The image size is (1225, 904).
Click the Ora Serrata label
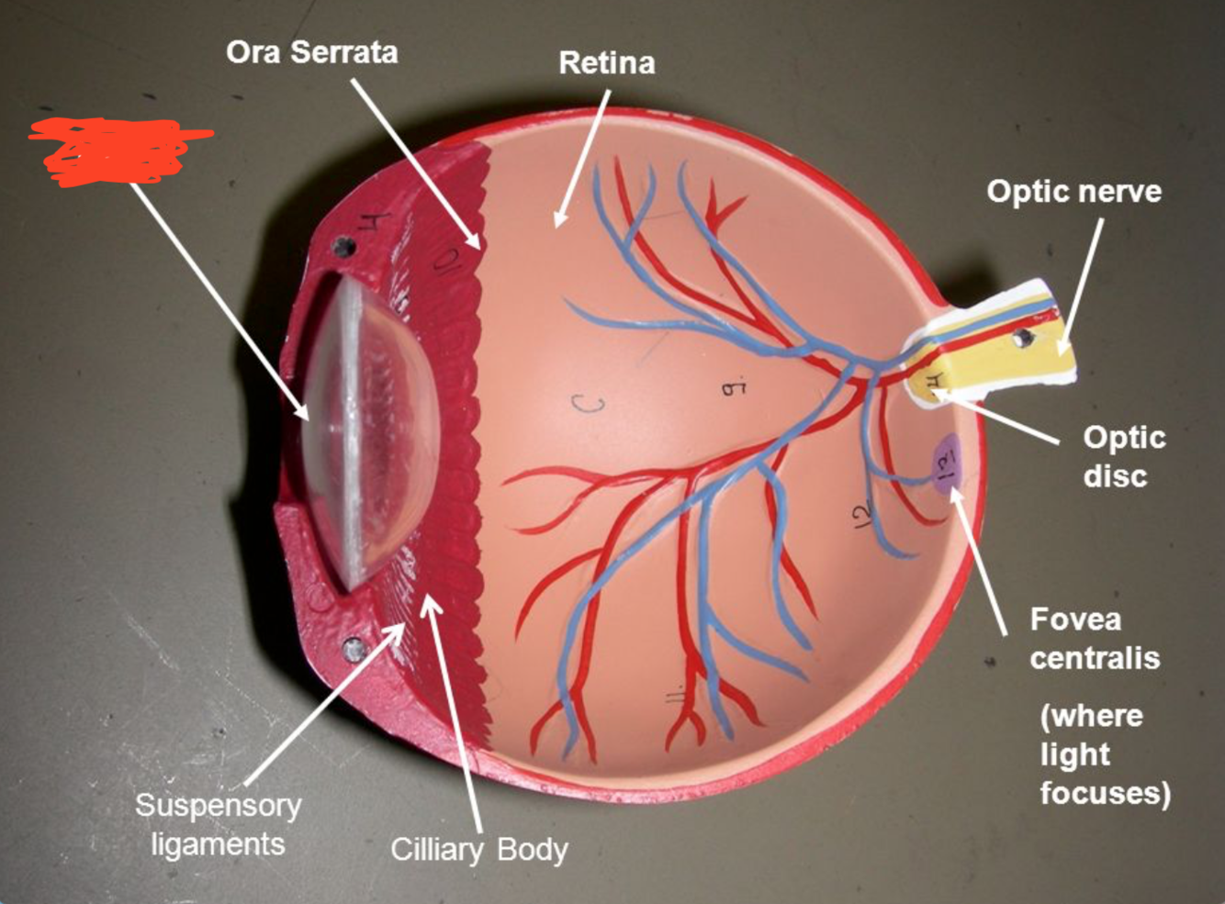click(311, 52)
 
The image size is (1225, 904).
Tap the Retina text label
click(607, 63)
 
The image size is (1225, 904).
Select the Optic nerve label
click(1073, 191)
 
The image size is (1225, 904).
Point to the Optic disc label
click(1122, 456)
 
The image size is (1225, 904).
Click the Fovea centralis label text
click(1093, 639)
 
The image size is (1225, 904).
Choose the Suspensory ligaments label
click(218, 824)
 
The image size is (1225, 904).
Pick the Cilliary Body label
click(478, 849)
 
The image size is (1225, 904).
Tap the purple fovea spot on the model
click(946, 463)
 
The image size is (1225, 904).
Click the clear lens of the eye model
click(367, 431)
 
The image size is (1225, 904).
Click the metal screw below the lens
click(353, 650)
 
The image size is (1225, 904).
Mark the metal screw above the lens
click(344, 246)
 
